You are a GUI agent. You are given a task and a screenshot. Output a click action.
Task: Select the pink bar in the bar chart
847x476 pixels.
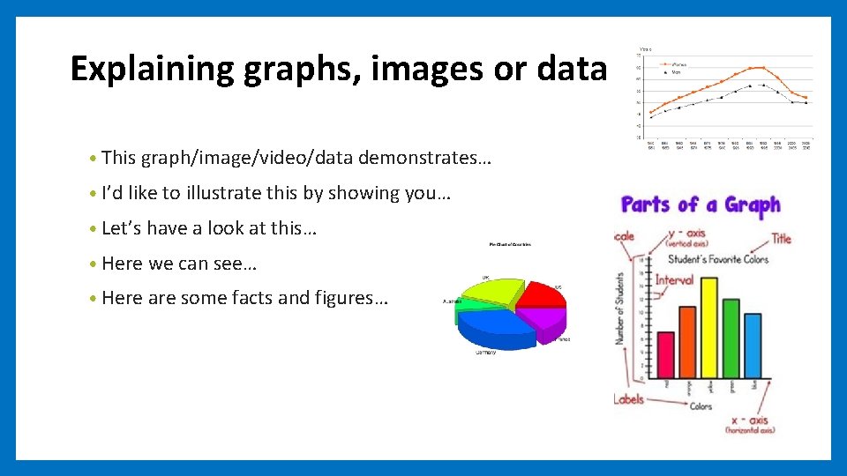click(666, 354)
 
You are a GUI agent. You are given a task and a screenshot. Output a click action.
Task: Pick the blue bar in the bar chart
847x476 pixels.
click(752, 346)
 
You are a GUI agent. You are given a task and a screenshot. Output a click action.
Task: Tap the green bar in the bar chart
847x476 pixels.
click(731, 338)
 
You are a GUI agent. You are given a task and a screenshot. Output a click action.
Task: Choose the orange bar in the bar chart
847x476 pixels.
click(687, 342)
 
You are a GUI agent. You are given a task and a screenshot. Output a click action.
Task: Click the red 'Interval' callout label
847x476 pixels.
click(673, 279)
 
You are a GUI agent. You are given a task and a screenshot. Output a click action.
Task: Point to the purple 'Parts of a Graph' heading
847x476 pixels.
click(701, 206)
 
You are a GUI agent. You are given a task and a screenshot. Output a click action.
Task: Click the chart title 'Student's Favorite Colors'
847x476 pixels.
click(717, 259)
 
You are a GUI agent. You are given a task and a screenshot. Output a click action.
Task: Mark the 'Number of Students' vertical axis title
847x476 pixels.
click(621, 308)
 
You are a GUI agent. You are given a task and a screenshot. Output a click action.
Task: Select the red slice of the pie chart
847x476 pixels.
click(540, 295)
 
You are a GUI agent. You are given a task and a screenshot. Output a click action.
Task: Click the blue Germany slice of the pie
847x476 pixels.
click(496, 328)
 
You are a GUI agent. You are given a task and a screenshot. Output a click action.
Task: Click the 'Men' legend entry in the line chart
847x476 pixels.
click(675, 72)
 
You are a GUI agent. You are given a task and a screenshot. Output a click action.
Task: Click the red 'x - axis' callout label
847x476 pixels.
click(752, 420)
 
